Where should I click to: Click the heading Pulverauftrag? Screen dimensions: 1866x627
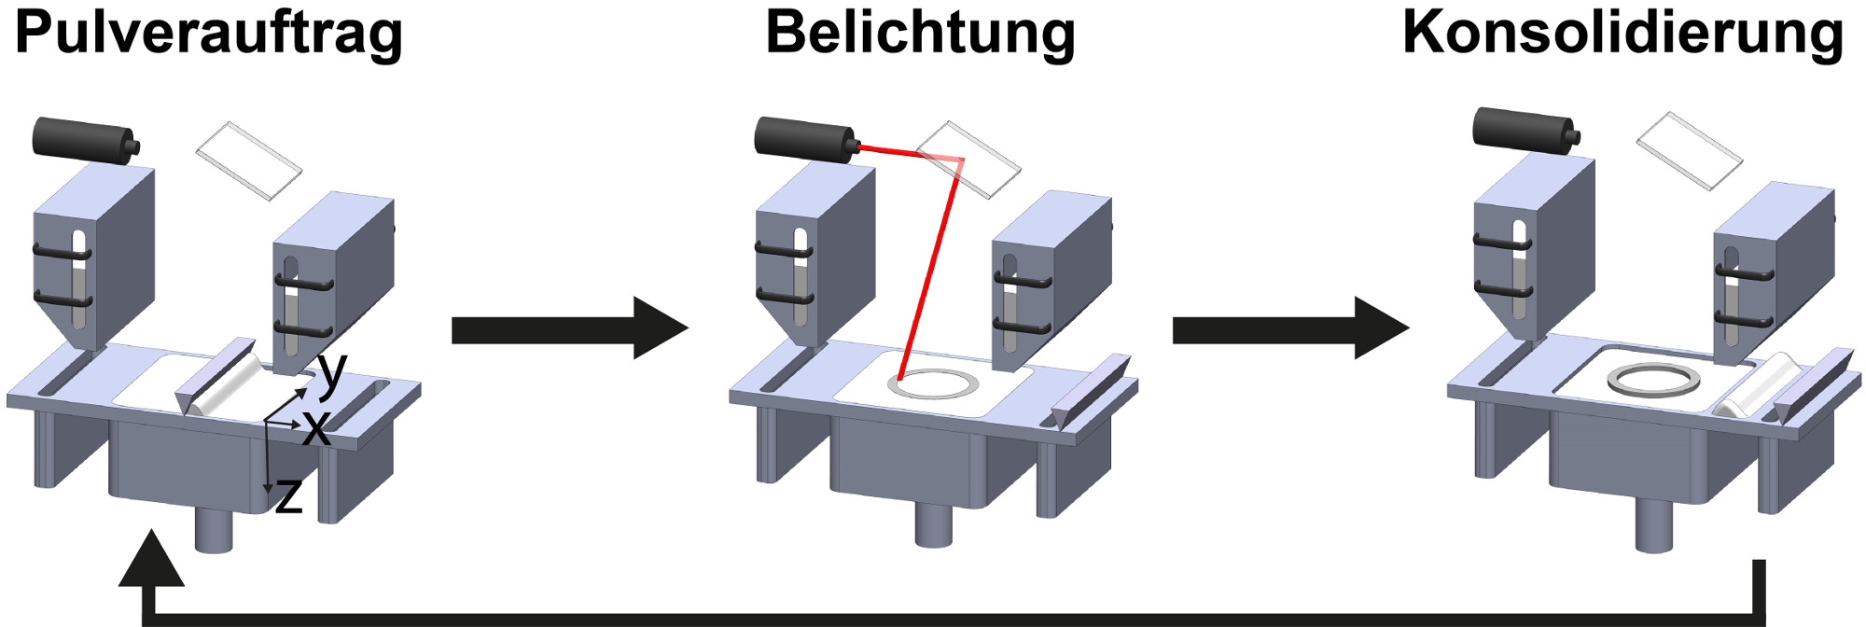pyautogui.click(x=209, y=35)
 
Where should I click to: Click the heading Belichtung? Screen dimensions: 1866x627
pyautogui.click(x=920, y=35)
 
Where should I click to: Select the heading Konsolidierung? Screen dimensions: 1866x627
pyautogui.click(x=1622, y=34)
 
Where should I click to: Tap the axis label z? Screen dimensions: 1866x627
pyautogui.click(x=289, y=496)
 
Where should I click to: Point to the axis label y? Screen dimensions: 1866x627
pyautogui.click(x=332, y=373)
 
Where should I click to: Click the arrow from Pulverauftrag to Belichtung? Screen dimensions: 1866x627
pyautogui.click(x=569, y=328)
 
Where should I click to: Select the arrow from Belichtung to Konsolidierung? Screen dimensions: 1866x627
pyautogui.click(x=1290, y=328)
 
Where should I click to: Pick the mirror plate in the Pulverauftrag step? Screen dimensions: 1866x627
pyautogui.click(x=249, y=160)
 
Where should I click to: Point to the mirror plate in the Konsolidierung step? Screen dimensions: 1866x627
pyautogui.click(x=1690, y=151)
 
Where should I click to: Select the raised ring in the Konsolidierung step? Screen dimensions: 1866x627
pyautogui.click(x=1653, y=380)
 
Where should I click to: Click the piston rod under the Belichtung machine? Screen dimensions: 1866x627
pyautogui.click(x=934, y=524)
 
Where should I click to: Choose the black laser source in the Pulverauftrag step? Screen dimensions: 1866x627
pyautogui.click(x=85, y=140)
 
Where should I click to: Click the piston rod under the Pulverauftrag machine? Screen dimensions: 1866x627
pyautogui.click(x=214, y=530)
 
